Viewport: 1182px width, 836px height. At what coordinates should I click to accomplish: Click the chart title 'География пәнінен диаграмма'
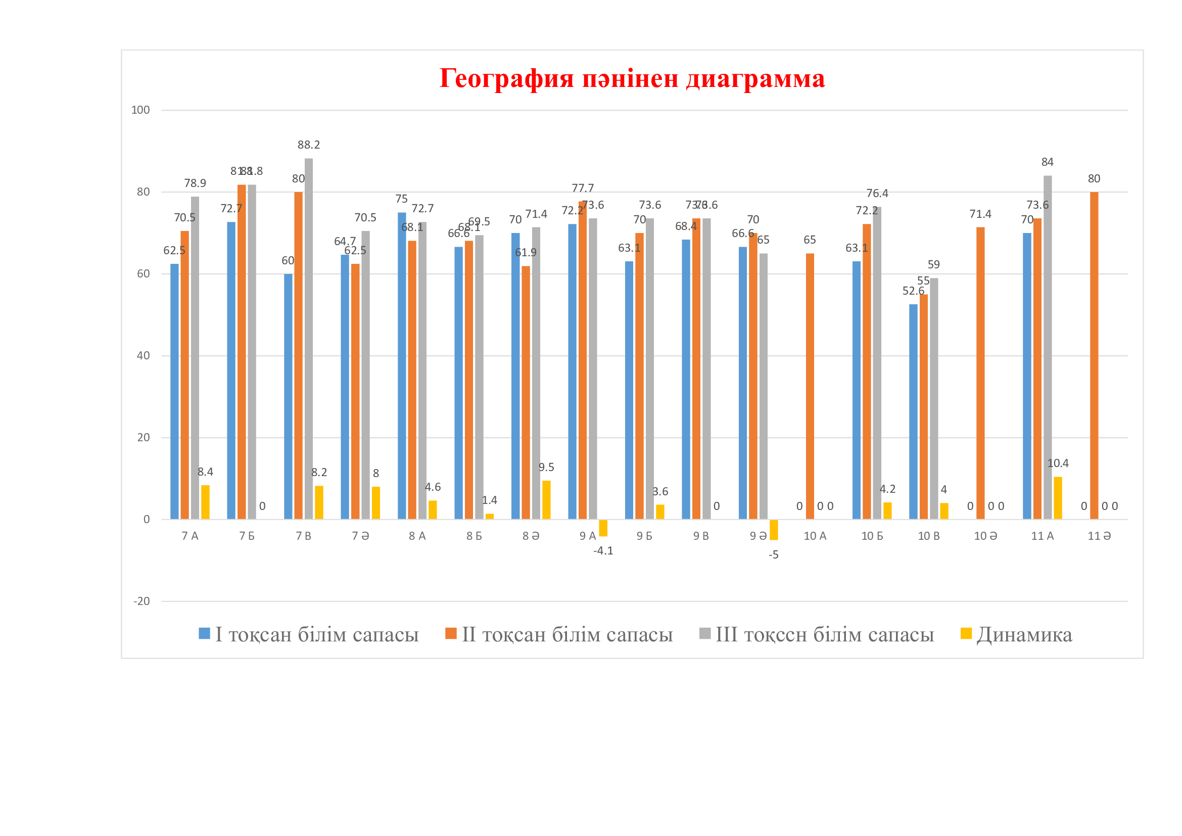tap(632, 79)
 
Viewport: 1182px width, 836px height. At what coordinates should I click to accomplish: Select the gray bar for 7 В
tap(308, 340)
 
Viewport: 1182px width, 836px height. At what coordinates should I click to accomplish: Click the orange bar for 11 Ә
tap(1094, 355)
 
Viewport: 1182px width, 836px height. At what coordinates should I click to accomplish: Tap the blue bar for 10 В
tap(913, 412)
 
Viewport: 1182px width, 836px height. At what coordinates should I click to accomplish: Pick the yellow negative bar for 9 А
tap(603, 528)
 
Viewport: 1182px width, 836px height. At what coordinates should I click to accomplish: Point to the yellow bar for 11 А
tap(1058, 498)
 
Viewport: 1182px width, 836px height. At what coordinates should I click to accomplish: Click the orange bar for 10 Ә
tap(980, 373)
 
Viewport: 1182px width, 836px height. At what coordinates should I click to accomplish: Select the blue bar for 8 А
tap(402, 365)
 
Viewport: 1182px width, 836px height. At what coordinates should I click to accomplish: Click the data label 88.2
tap(308, 145)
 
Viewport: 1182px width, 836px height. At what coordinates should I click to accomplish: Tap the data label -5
tap(773, 555)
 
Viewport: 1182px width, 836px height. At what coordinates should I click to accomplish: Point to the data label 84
tap(1047, 162)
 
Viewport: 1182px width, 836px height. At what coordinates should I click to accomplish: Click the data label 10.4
tap(1058, 463)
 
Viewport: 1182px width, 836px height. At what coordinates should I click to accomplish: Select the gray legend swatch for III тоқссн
tap(705, 634)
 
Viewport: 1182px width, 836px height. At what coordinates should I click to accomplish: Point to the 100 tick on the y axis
tap(140, 110)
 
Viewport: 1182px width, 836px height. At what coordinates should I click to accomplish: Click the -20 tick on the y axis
tap(141, 601)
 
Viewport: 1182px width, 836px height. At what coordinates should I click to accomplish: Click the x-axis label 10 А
tap(815, 536)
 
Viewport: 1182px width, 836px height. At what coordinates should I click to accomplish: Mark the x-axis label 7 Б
tap(247, 536)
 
